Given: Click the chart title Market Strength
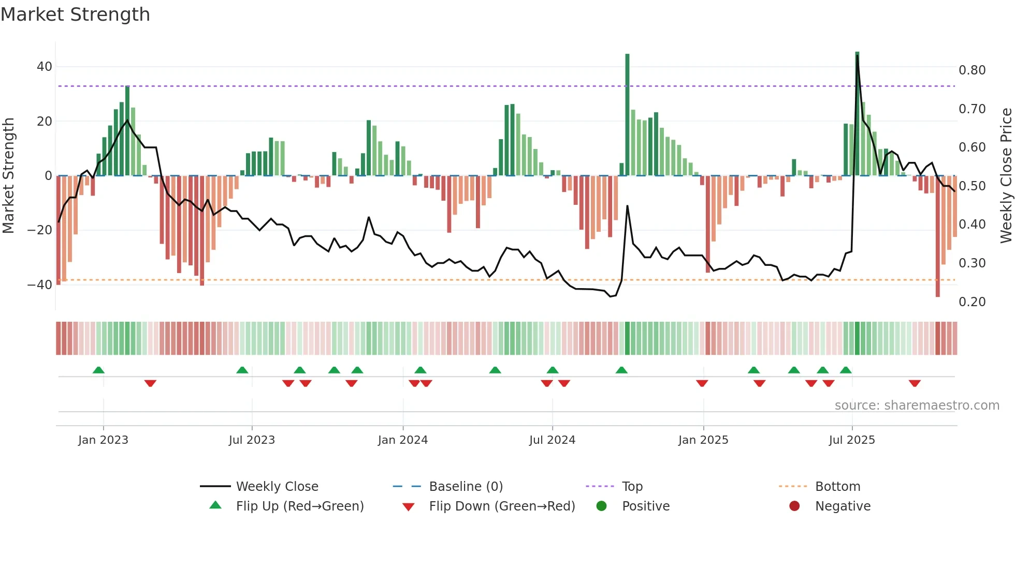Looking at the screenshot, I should coord(75,14).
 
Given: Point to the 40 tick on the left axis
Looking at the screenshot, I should coord(45,67).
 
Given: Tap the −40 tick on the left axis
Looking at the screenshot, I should coord(40,284).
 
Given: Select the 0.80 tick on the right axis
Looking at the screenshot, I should coord(972,70).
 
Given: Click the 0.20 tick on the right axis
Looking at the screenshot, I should coord(972,302).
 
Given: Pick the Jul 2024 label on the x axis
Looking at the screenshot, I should coord(552,440).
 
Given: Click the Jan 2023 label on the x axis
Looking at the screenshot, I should coord(103,440).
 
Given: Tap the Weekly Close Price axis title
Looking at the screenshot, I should coord(1006,175).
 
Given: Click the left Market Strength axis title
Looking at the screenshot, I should coord(9,175).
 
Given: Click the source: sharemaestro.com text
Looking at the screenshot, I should coord(917,406).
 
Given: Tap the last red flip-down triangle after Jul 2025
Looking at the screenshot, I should coord(915,383).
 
